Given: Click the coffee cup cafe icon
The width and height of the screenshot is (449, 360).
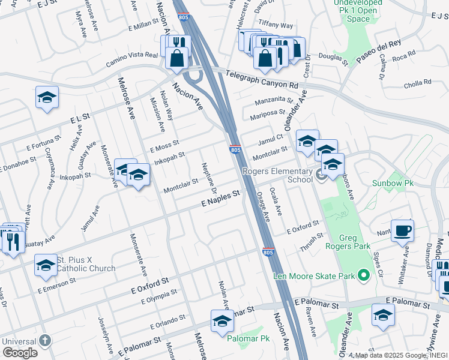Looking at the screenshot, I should click(402, 230).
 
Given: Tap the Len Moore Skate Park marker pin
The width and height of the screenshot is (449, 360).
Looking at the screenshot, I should click(363, 276).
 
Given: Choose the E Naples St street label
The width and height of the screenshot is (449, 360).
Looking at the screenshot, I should click(220, 199).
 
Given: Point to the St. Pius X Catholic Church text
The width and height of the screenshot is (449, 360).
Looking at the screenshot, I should click(85, 264).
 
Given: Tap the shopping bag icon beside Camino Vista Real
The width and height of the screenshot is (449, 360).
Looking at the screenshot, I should click(178, 59).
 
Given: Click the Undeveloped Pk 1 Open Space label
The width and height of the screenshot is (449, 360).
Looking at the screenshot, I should click(360, 11).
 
